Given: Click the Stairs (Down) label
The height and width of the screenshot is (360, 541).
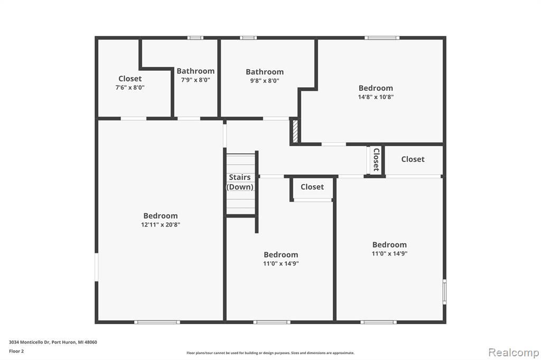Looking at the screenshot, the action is [240, 182].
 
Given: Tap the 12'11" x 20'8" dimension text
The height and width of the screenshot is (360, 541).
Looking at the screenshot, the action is [161, 225].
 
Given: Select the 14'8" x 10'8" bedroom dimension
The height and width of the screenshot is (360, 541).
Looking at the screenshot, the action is [376, 97].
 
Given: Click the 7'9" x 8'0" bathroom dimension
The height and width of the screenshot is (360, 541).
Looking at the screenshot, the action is [195, 80].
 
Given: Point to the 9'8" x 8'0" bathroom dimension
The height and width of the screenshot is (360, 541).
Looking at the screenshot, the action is [265, 81].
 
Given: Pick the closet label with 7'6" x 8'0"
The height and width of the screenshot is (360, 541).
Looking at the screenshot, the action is [130, 79].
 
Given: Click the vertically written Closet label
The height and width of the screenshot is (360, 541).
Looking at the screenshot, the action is [376, 159].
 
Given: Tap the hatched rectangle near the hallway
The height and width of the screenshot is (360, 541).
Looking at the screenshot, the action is [295, 131].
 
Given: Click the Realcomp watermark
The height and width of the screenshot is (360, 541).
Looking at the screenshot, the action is [514, 353].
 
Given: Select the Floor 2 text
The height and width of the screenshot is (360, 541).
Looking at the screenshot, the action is [16, 352].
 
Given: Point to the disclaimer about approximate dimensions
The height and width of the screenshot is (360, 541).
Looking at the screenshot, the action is [270, 353].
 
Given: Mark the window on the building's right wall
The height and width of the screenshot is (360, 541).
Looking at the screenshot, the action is [445, 292].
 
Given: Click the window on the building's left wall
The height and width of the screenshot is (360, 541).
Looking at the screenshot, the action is [97, 267].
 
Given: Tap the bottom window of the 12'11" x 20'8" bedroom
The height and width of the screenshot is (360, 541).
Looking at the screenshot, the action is [157, 322].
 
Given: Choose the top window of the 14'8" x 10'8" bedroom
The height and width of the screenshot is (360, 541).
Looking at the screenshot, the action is [382, 38].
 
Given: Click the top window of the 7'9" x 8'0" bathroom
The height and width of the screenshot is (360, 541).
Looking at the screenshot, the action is [195, 38].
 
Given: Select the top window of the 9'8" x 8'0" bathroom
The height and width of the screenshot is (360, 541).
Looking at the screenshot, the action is [248, 38].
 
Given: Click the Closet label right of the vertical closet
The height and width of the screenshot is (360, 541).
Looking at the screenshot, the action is [413, 159].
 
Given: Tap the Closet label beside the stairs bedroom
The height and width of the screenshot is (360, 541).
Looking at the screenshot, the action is [312, 187].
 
